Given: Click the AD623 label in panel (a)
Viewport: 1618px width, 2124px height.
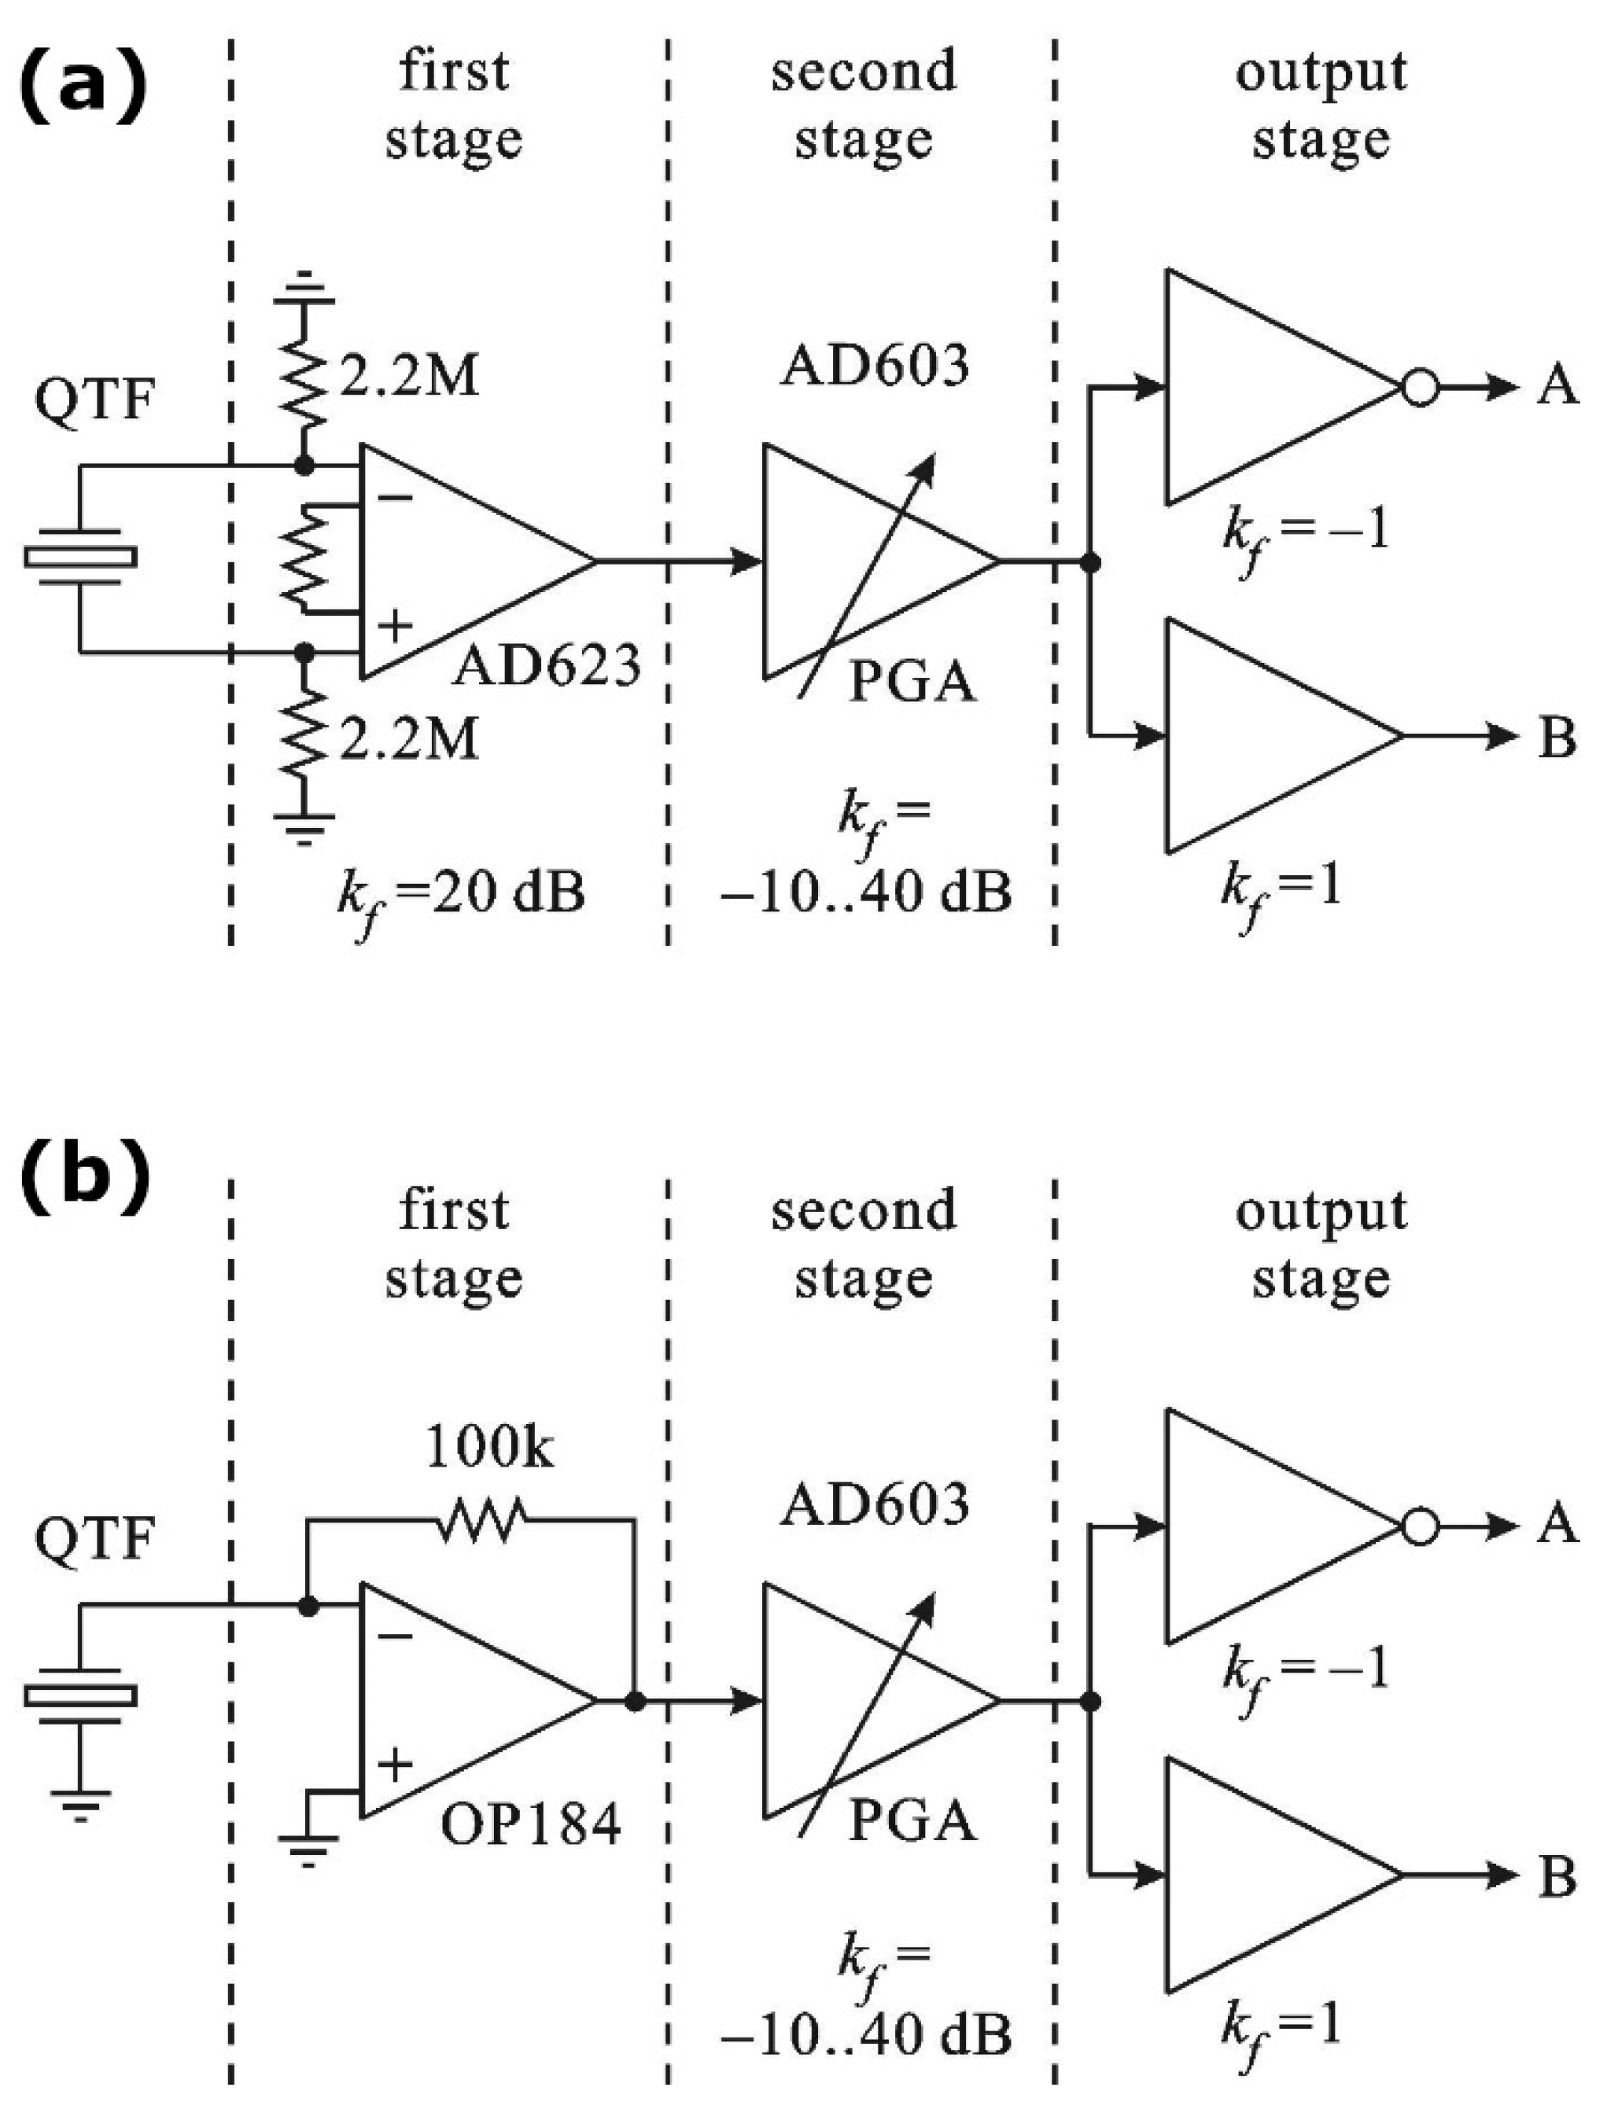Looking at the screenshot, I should [x=546, y=665].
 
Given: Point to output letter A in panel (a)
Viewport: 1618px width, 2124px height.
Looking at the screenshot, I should [x=1557, y=387].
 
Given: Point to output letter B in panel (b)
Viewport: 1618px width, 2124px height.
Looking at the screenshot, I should [x=1557, y=1876].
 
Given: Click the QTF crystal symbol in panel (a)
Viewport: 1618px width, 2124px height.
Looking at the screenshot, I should [x=81, y=558].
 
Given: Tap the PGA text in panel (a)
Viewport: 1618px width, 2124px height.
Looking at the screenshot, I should [x=912, y=683].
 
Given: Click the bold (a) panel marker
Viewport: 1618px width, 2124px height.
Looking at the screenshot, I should [x=85, y=89].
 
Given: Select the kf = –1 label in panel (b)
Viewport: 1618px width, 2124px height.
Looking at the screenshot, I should [x=1306, y=1669].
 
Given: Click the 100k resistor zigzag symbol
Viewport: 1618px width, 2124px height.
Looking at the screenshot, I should [x=481, y=1518].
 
